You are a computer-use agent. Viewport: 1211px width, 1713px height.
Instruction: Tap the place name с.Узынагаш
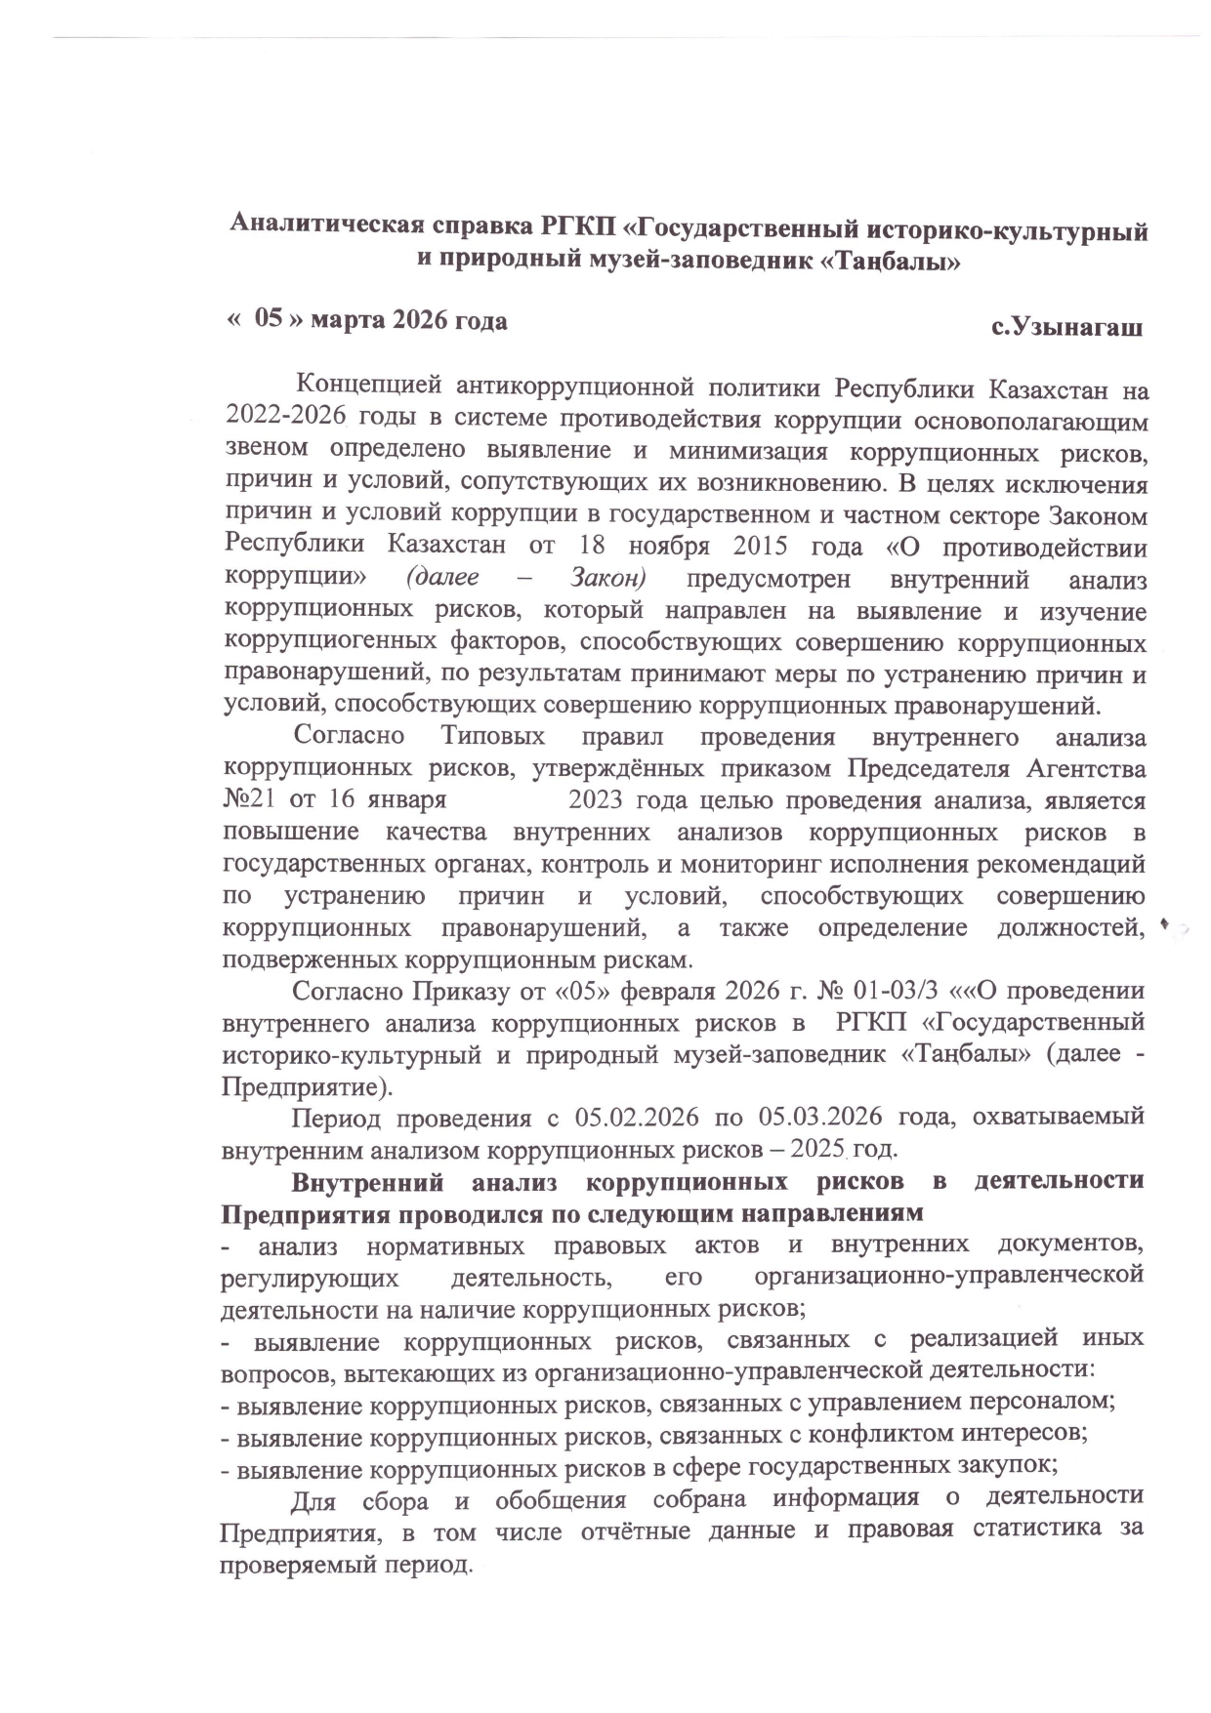(x=1066, y=327)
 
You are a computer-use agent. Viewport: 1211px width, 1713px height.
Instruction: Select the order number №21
(x=251, y=799)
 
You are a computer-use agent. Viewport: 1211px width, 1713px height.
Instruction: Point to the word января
(x=407, y=799)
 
